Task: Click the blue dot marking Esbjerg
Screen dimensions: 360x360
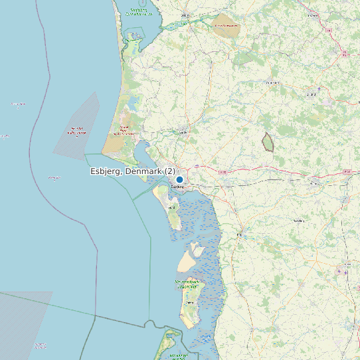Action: click(x=179, y=179)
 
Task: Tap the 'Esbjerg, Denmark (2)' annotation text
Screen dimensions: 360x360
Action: click(x=133, y=171)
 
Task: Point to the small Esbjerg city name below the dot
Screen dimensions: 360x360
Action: click(x=177, y=187)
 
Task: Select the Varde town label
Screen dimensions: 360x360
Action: click(x=183, y=132)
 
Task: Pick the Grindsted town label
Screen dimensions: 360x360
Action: click(x=272, y=82)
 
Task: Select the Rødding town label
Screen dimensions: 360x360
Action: click(x=298, y=220)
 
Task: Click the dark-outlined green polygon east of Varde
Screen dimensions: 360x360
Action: click(x=268, y=141)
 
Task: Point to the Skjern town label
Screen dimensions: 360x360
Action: click(x=185, y=15)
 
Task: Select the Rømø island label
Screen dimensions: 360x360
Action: click(x=191, y=302)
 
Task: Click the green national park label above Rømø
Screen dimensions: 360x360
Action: click(x=187, y=283)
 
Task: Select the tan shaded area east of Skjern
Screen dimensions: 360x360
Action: click(x=225, y=26)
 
